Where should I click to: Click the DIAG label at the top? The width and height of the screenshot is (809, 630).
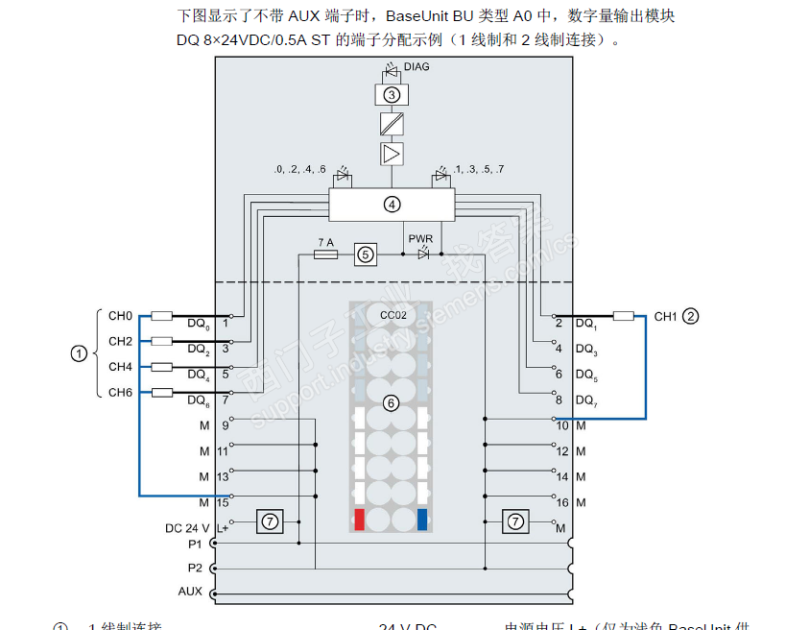pyautogui.click(x=416, y=67)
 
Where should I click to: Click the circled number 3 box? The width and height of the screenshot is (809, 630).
pyautogui.click(x=391, y=94)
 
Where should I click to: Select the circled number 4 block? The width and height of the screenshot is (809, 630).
pyautogui.click(x=391, y=204)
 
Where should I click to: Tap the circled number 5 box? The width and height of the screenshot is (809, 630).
pyautogui.click(x=365, y=254)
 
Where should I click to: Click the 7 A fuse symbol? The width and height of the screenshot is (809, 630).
pyautogui.click(x=325, y=254)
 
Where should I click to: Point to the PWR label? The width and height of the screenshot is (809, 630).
pyautogui.click(x=420, y=238)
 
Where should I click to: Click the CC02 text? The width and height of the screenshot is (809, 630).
pyautogui.click(x=391, y=316)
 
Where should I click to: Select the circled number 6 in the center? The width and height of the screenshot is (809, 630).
pyautogui.click(x=391, y=403)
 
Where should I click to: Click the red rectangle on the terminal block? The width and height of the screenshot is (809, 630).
pyautogui.click(x=360, y=521)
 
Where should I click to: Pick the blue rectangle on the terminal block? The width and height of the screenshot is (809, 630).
pyautogui.click(x=421, y=521)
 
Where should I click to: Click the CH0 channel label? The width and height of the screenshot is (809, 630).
pyautogui.click(x=120, y=315)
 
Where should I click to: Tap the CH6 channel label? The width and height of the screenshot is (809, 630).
pyautogui.click(x=120, y=392)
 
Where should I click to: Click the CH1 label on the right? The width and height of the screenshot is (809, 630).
pyautogui.click(x=666, y=316)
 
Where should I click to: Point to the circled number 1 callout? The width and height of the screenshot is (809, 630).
pyautogui.click(x=79, y=353)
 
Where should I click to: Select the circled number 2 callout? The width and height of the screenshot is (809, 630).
pyautogui.click(x=691, y=316)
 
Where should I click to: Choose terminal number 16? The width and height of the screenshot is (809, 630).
pyautogui.click(x=562, y=502)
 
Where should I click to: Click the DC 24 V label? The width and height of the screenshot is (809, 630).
pyautogui.click(x=187, y=528)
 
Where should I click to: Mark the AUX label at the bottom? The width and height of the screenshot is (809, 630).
pyautogui.click(x=190, y=591)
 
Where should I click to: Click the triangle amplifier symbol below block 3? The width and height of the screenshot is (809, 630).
pyautogui.click(x=391, y=153)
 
